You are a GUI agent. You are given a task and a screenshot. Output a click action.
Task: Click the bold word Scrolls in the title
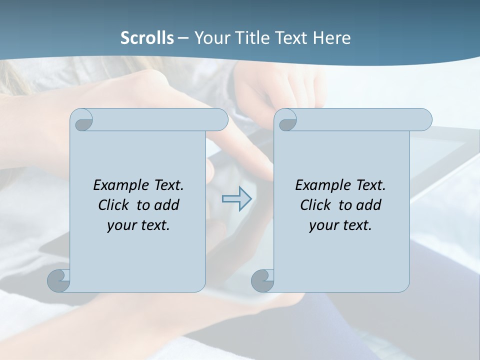point(147,38)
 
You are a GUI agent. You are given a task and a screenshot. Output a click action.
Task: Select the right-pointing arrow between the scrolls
point(236,199)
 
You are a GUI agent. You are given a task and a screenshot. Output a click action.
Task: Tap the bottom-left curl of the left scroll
point(59,281)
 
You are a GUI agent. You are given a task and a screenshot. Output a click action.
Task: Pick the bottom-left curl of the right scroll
point(262,281)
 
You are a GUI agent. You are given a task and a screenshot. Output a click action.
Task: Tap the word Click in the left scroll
point(113,205)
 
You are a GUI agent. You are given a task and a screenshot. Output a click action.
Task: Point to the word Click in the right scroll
point(315,205)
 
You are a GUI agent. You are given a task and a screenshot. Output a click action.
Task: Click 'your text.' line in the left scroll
point(138,225)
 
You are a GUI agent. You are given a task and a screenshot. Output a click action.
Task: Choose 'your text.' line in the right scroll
point(340,225)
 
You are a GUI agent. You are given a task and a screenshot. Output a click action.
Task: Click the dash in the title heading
point(183,38)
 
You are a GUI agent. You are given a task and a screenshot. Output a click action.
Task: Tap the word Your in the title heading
point(210,38)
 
